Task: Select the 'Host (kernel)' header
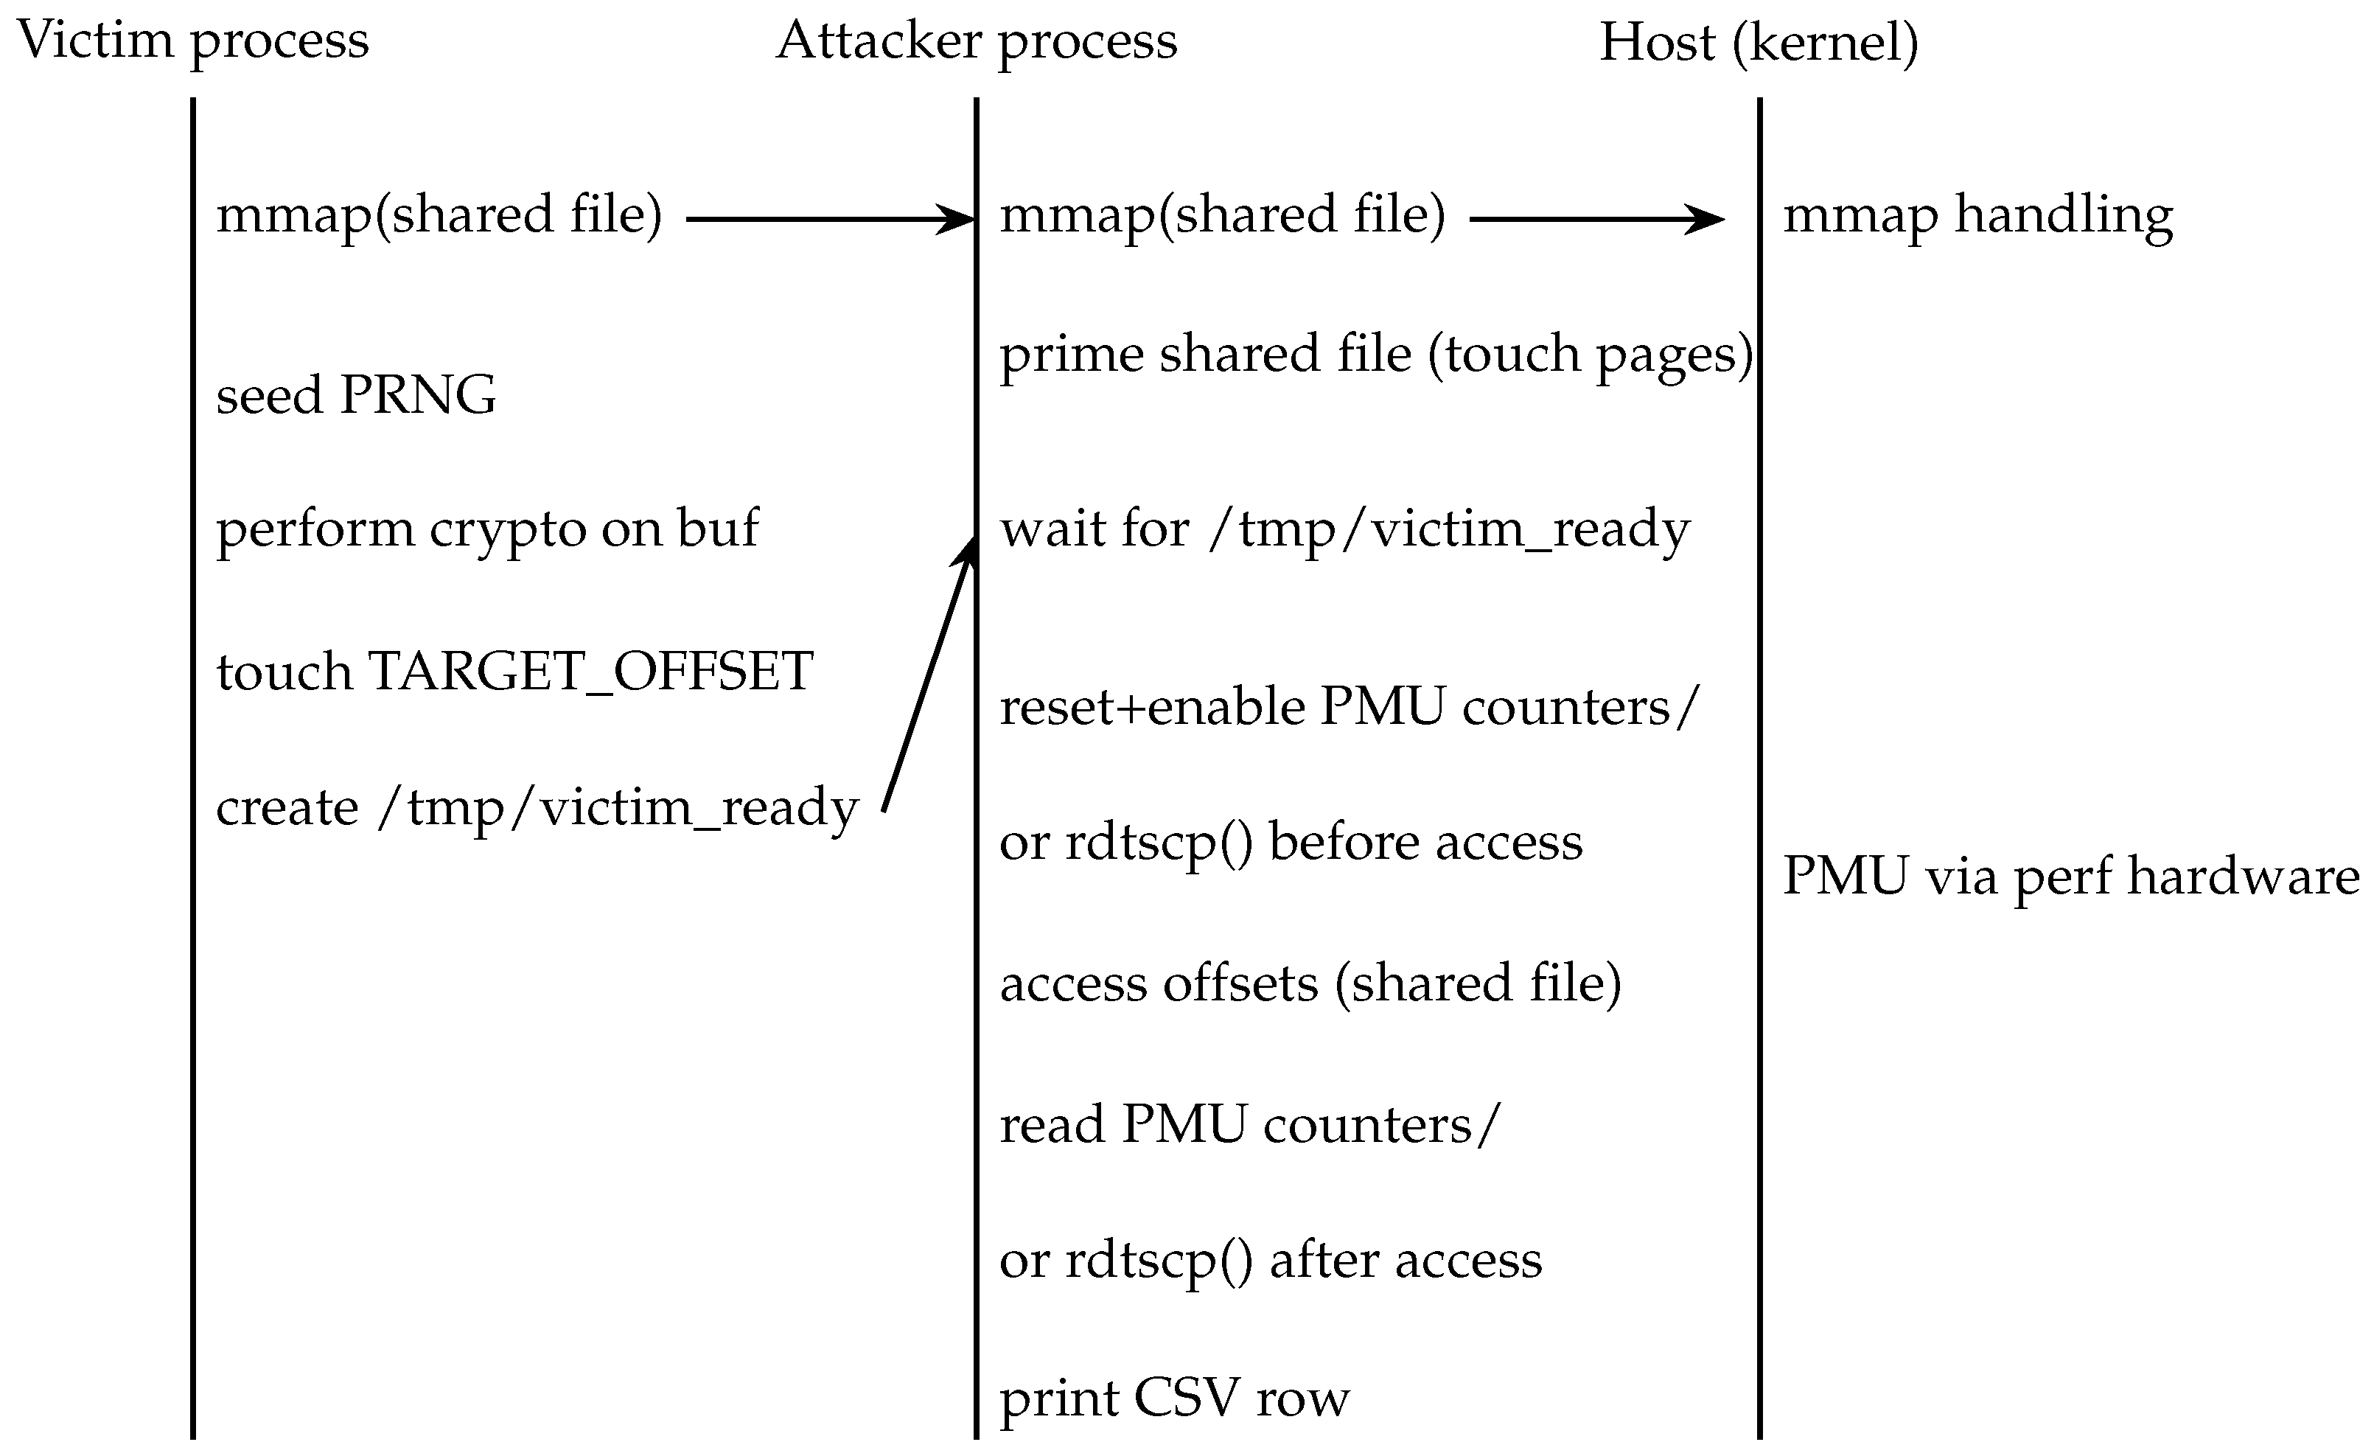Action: point(1759,43)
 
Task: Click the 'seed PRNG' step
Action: point(355,395)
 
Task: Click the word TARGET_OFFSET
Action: point(590,672)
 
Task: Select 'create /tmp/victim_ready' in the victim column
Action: point(537,807)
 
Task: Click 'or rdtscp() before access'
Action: point(1290,842)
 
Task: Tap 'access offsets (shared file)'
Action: point(1310,984)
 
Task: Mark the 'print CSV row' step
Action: point(1173,1398)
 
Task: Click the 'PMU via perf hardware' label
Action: point(2070,877)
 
